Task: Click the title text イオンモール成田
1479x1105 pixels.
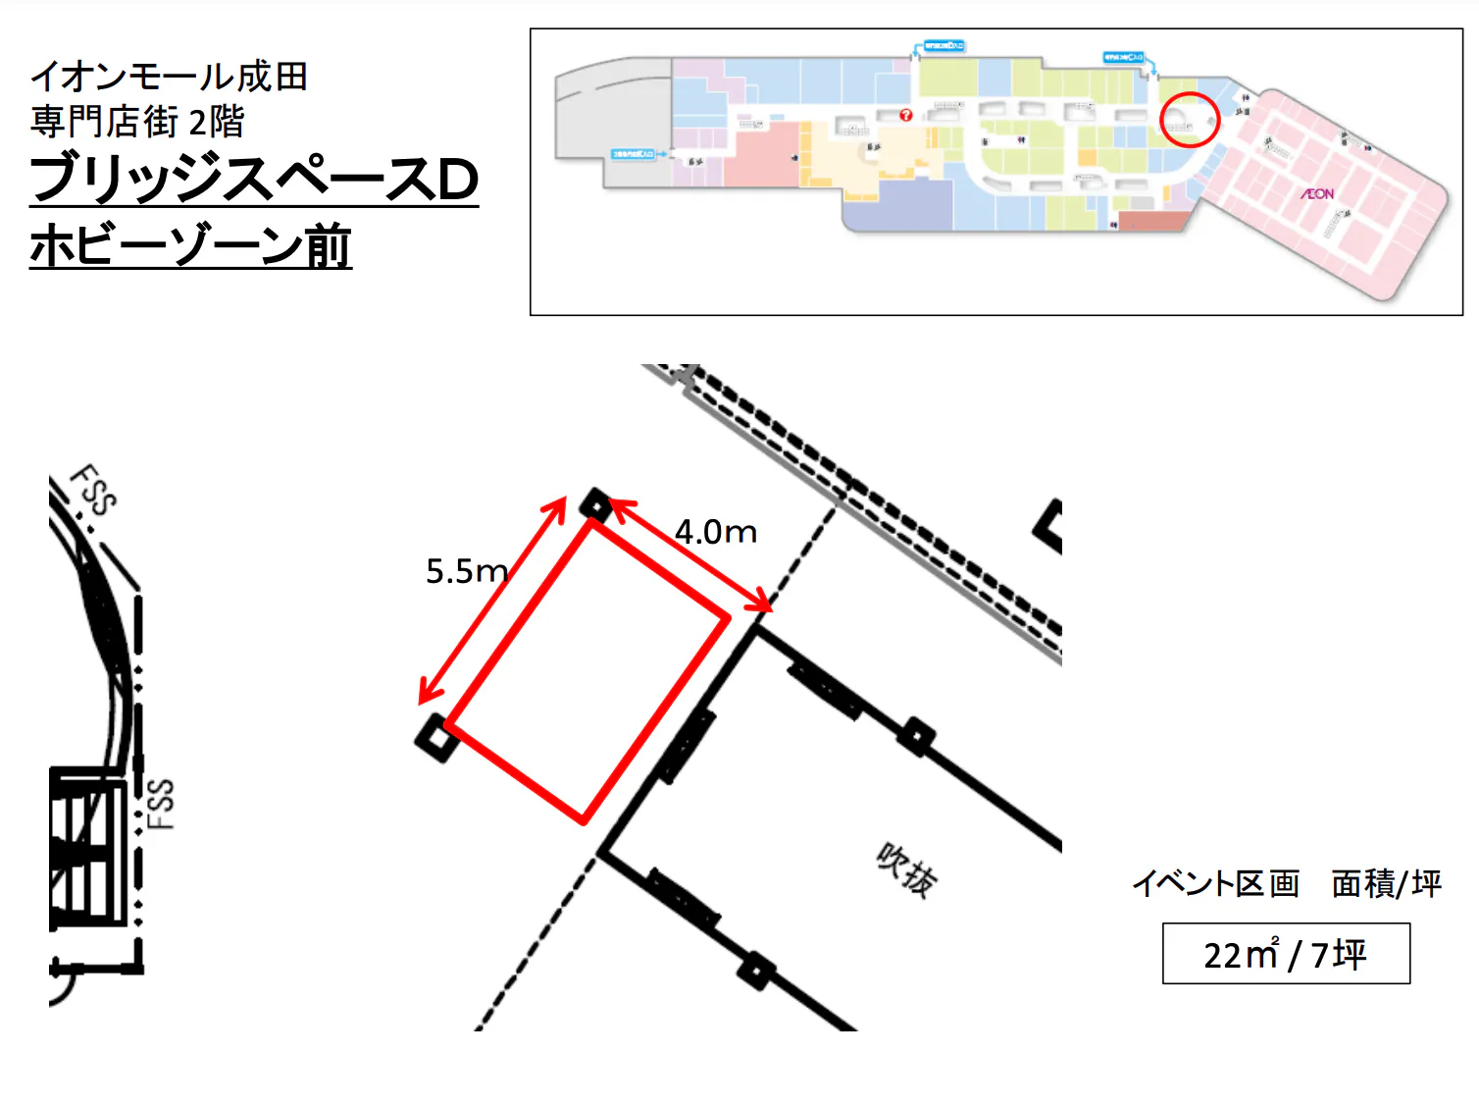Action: pos(169,77)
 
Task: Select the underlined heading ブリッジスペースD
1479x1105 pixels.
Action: pos(254,180)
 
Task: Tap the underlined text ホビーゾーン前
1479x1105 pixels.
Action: pos(190,245)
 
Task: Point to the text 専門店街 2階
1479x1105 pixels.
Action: pos(137,122)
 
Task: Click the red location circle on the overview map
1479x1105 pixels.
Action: pos(1190,120)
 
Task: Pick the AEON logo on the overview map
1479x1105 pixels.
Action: pos(1317,194)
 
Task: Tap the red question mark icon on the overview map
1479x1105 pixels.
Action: pos(906,115)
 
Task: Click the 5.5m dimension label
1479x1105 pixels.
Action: pos(467,571)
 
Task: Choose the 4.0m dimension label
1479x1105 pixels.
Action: pos(716,532)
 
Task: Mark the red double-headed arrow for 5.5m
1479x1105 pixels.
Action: pos(493,600)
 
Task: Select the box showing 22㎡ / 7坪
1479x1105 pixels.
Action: pos(1286,953)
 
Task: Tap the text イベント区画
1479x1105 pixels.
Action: pos(1215,883)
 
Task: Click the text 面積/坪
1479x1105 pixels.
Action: pos(1386,883)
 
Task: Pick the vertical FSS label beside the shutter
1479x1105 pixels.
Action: pos(161,804)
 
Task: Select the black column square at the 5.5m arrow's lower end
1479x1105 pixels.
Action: pos(436,737)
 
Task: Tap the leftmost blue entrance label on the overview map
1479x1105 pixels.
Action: pos(634,154)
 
